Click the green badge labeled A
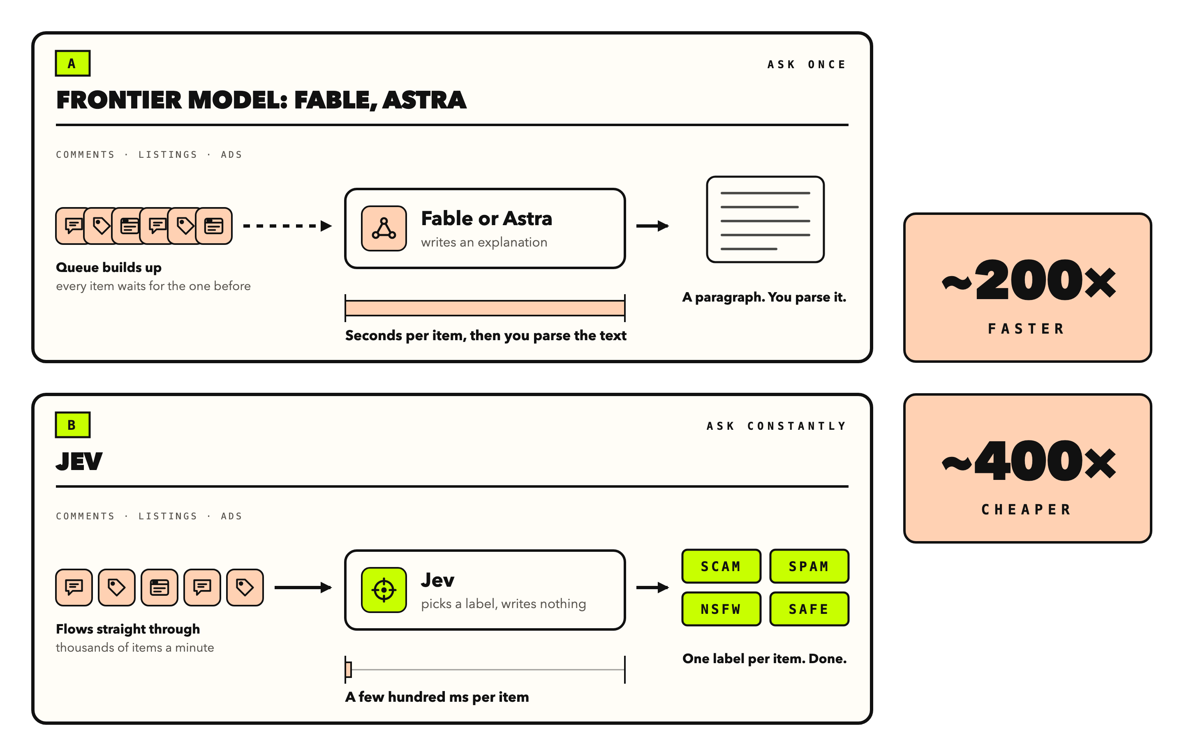click(x=72, y=63)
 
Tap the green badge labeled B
click(x=72, y=425)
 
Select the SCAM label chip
click(x=721, y=566)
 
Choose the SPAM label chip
click(x=809, y=566)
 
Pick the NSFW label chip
click(x=721, y=609)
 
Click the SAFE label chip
click(x=809, y=609)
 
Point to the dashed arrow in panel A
click(x=288, y=226)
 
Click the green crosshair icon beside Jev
click(x=384, y=590)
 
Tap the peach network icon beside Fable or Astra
click(x=384, y=228)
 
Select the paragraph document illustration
click(x=765, y=220)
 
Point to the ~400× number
click(x=1028, y=461)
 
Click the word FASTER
click(x=1026, y=329)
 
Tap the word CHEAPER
click(x=1026, y=510)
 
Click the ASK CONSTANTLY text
click(x=777, y=426)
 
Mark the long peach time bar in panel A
click(x=485, y=308)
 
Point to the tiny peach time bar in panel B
click(x=349, y=669)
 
